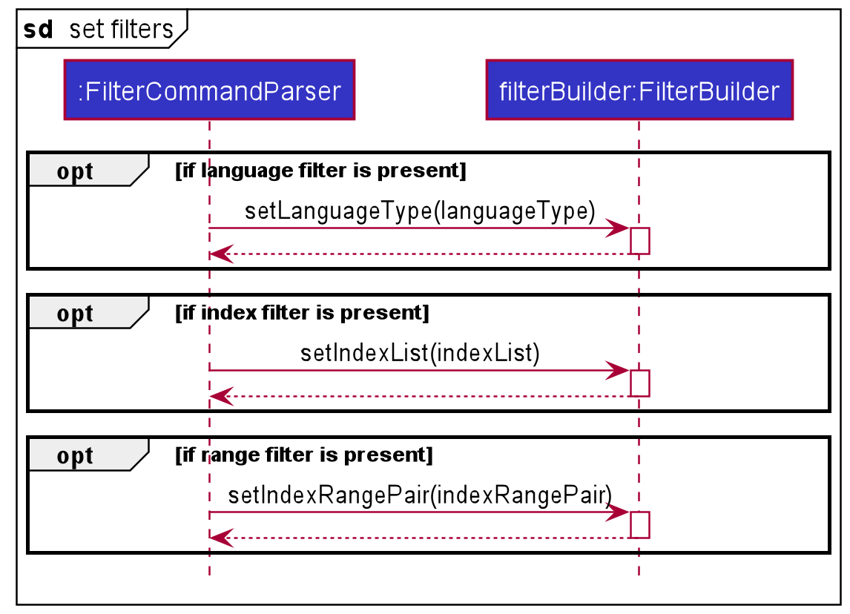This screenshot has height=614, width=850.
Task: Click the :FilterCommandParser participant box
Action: point(209,90)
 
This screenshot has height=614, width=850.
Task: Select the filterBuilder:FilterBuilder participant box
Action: point(639,90)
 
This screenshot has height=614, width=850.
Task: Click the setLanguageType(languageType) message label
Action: point(420,211)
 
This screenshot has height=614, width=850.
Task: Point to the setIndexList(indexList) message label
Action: point(420,353)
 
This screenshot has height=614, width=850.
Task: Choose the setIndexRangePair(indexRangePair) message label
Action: point(420,495)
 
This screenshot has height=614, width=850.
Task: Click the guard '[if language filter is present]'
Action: point(320,171)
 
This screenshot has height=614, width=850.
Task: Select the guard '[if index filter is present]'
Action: point(302,313)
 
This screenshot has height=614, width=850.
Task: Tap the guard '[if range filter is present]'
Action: point(303,455)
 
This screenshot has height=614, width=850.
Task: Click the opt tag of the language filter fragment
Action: point(75,171)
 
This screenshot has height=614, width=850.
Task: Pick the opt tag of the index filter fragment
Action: point(75,314)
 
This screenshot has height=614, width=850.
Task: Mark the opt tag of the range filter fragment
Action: point(75,455)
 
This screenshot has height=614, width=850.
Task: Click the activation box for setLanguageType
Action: point(639,241)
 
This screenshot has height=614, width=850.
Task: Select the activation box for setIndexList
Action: point(639,383)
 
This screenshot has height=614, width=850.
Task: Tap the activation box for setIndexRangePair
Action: point(639,524)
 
